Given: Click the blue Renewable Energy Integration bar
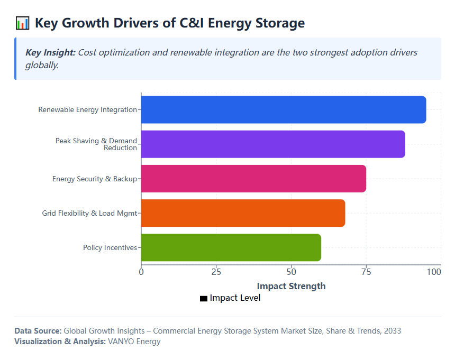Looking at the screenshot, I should pyautogui.click(x=283, y=110).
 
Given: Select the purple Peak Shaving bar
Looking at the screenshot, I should pyautogui.click(x=272, y=144).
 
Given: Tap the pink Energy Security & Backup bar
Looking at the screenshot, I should pyautogui.click(x=253, y=179).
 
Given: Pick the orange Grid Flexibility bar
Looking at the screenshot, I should pyautogui.click(x=243, y=213).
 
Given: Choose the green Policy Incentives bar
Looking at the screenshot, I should pyautogui.click(x=231, y=247).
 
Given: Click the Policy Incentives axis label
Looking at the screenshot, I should pyautogui.click(x=110, y=247).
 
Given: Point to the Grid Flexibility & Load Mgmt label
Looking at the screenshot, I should pyautogui.click(x=89, y=213).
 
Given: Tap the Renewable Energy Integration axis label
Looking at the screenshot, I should pyautogui.click(x=87, y=110).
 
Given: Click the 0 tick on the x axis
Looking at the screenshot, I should pyautogui.click(x=141, y=272).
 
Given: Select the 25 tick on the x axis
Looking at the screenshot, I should pyautogui.click(x=216, y=272).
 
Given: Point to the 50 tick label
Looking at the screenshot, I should pyautogui.click(x=291, y=272).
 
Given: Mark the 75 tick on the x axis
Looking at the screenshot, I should pyautogui.click(x=366, y=272).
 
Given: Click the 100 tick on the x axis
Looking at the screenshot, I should pyautogui.click(x=434, y=272).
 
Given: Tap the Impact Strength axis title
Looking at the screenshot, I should pyautogui.click(x=291, y=286).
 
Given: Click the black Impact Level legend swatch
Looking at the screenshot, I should pyautogui.click(x=204, y=299).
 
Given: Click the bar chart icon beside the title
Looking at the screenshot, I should pyautogui.click(x=22, y=23).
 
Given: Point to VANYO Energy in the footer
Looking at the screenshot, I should pyautogui.click(x=134, y=341).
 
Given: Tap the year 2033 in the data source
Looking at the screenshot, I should pyautogui.click(x=392, y=331).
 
